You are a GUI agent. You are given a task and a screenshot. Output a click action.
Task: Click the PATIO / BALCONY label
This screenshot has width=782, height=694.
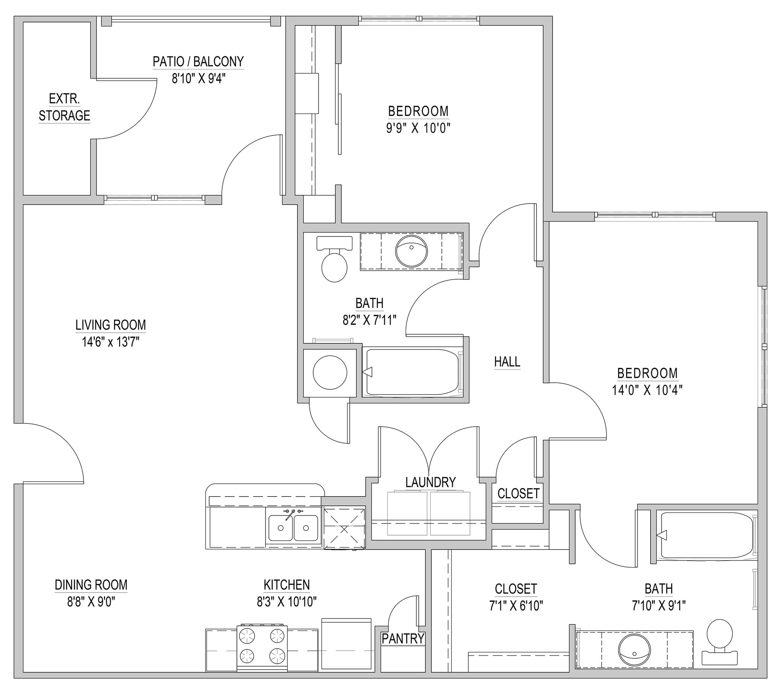click(198, 61)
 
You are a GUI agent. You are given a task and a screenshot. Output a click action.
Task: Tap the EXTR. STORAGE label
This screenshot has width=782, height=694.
click(64, 108)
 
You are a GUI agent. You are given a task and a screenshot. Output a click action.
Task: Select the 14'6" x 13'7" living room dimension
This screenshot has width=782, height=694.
click(110, 342)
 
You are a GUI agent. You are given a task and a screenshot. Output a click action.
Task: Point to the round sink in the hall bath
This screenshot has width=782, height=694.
click(411, 251)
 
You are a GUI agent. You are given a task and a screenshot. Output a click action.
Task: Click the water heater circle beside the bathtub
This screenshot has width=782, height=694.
click(330, 372)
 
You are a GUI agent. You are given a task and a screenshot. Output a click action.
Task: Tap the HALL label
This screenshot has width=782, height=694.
click(507, 362)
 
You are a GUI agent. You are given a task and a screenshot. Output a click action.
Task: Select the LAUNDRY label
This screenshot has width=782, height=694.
click(430, 482)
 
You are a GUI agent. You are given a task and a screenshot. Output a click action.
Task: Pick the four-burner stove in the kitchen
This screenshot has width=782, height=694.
click(262, 647)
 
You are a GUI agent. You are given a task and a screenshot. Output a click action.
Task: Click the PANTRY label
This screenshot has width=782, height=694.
click(403, 639)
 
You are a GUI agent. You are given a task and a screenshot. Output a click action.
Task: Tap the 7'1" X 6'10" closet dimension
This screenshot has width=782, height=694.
click(516, 605)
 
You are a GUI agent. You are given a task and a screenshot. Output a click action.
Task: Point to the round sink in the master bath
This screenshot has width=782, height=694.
click(634, 650)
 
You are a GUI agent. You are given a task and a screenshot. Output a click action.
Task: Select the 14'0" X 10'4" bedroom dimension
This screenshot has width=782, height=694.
click(647, 390)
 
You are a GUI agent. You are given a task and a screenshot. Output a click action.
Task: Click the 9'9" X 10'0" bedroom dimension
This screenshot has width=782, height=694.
click(418, 128)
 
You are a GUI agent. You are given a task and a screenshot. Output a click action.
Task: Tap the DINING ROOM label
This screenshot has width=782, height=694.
click(91, 585)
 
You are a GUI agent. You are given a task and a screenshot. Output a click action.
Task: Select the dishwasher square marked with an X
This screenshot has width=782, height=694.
click(344, 529)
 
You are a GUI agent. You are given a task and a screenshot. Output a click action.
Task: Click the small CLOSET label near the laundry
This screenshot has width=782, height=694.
click(518, 494)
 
